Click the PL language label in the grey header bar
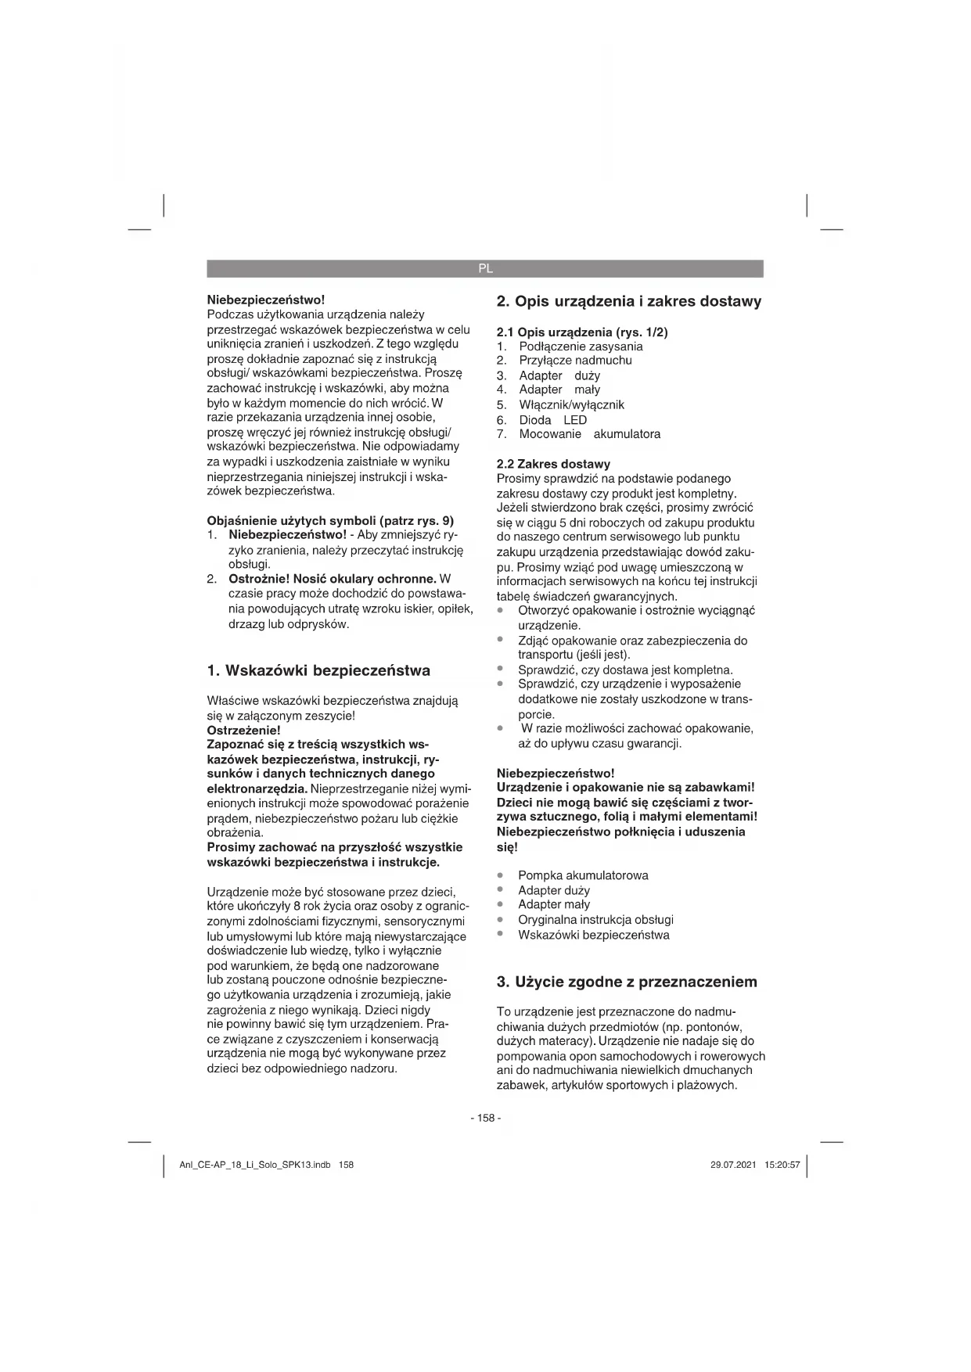pos(485,268)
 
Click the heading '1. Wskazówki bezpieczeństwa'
pos(318,670)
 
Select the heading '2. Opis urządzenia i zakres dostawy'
pos(629,302)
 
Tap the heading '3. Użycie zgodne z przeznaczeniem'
pos(627,982)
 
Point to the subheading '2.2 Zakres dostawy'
pos(553,464)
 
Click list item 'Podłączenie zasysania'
pos(581,347)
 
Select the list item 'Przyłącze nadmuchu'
pos(575,361)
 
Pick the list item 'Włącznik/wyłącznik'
pos(571,404)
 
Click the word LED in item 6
pos(575,420)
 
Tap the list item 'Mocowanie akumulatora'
pos(589,434)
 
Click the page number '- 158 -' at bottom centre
pos(485,1118)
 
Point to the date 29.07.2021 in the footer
pos(733,1165)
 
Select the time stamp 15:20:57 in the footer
pos(782,1165)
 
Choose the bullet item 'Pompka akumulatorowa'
pos(583,875)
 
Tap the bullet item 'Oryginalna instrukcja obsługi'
pos(595,920)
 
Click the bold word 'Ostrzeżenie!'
pos(243,731)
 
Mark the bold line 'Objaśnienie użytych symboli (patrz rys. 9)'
pos(330,521)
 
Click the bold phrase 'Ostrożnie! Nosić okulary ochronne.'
pos(332,580)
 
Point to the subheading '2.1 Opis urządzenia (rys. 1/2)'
pos(582,332)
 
